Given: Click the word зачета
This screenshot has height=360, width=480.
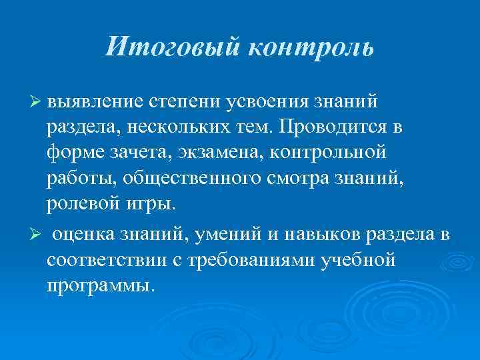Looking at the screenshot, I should (139, 153).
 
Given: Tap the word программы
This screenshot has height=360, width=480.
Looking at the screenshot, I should (99, 285).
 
